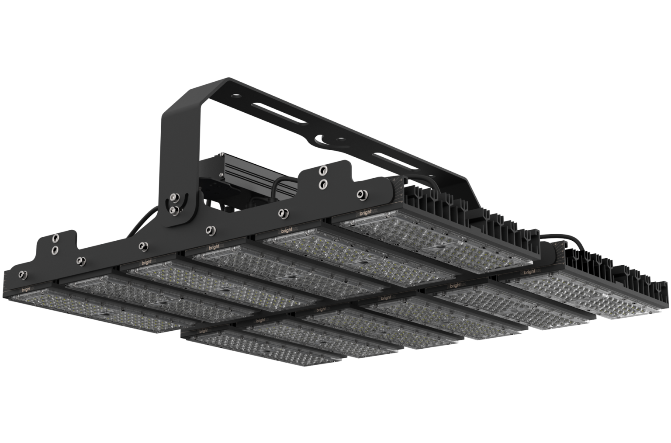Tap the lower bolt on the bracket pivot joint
pyautogui.click(x=175, y=211)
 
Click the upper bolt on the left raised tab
pyautogui.click(x=56, y=238)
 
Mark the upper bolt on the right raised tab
pyautogui.click(x=324, y=169)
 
